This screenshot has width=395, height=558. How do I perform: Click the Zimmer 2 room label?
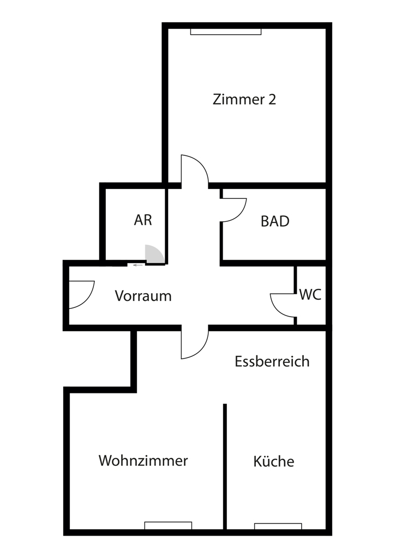(244, 100)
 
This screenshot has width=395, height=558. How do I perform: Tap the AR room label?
(143, 220)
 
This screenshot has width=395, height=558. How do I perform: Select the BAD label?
(274, 221)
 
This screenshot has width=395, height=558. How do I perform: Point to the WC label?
(310, 295)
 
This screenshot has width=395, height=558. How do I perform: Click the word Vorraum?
(143, 296)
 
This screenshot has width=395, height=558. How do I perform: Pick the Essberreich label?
(272, 361)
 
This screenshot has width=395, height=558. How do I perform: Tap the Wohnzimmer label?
(143, 460)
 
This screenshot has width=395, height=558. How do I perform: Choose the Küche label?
(273, 462)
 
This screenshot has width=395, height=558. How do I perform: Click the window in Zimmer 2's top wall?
(225, 32)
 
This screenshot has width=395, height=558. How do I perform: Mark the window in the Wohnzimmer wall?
(168, 525)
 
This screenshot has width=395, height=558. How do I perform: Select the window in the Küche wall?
(278, 526)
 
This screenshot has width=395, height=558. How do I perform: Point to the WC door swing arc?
(282, 305)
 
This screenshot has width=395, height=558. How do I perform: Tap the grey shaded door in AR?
(154, 254)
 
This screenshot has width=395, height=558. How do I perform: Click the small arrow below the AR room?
(137, 265)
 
